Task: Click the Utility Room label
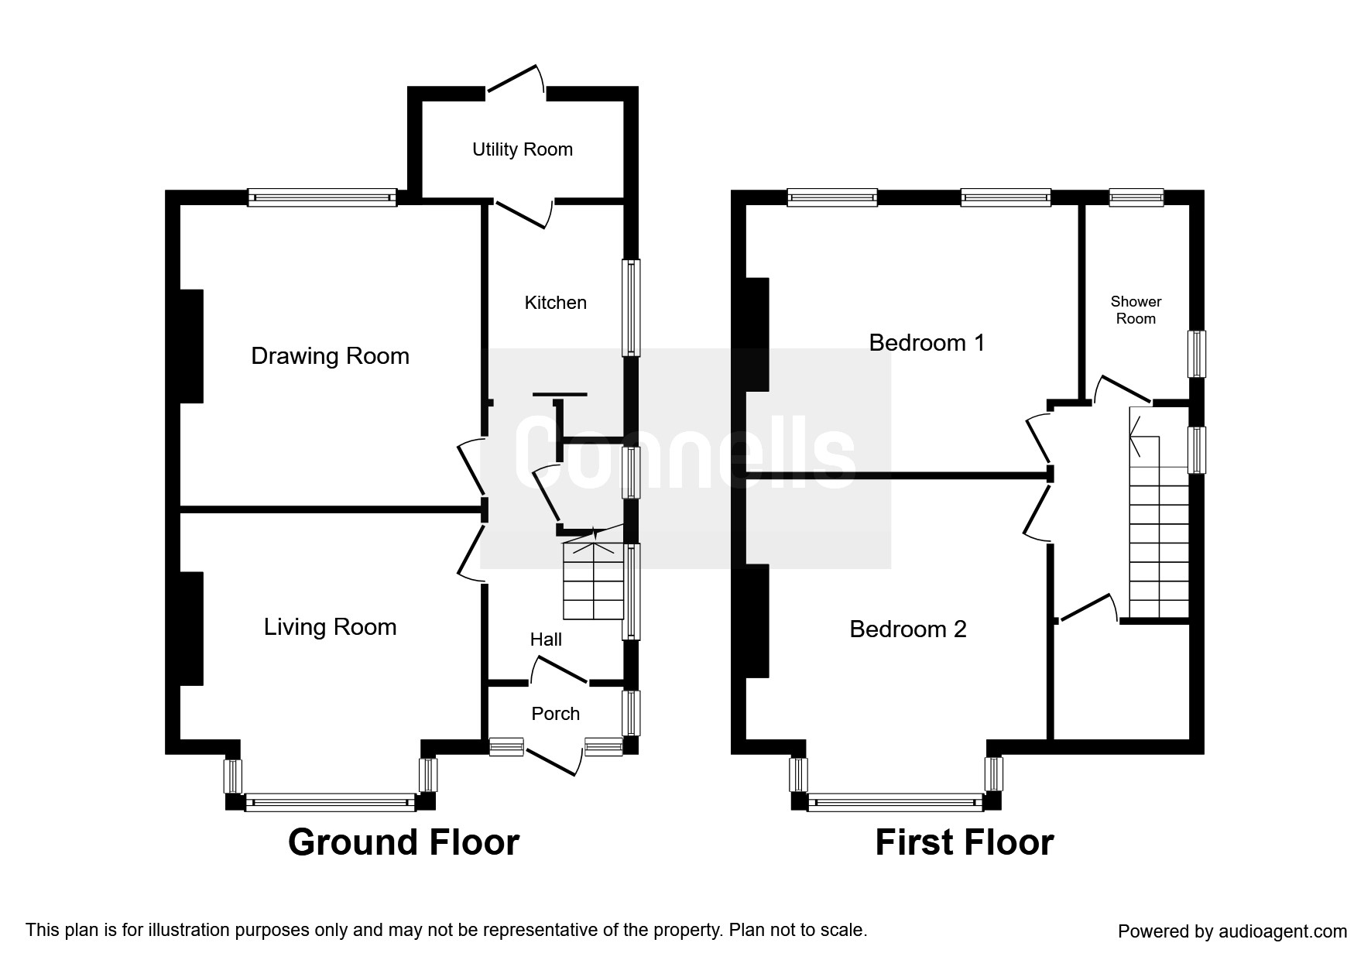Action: coord(523,149)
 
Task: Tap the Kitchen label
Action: coord(556,303)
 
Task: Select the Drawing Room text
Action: coord(331,356)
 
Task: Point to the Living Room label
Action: coord(331,627)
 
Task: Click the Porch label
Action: coord(556,714)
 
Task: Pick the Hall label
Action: coord(546,639)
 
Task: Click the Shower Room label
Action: coord(1136,310)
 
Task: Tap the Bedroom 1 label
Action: coord(927,342)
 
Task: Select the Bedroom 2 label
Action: coord(908,629)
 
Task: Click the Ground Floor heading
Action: coord(403,842)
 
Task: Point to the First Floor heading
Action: coord(965,842)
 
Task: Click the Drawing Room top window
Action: coord(322,198)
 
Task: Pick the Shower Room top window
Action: coord(1136,197)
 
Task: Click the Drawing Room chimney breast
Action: coord(191,346)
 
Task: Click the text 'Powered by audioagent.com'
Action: coord(1232,931)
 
